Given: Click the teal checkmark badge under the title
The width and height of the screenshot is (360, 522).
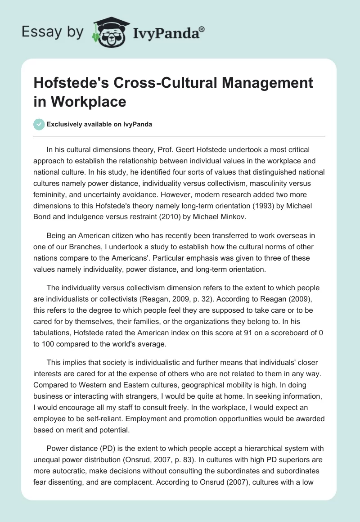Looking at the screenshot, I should point(39,124).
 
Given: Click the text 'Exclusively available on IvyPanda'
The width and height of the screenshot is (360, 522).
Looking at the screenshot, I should point(99,124).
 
